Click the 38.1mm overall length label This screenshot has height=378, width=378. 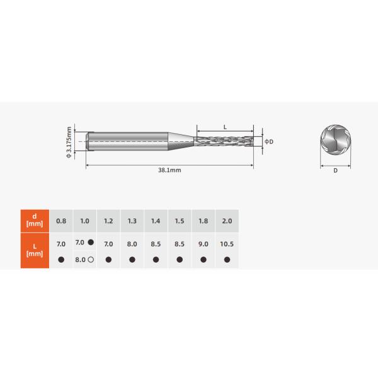(x=169, y=170)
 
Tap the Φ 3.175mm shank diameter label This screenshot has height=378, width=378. (x=69, y=142)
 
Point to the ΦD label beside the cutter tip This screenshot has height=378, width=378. (x=269, y=142)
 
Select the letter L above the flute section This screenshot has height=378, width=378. (x=225, y=127)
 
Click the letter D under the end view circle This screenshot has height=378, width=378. (x=335, y=171)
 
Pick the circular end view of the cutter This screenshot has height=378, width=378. (x=335, y=140)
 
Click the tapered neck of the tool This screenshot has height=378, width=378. (x=181, y=142)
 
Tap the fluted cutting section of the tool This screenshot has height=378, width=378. (x=224, y=142)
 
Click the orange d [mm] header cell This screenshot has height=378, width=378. (x=35, y=221)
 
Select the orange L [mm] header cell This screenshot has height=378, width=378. (x=35, y=251)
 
